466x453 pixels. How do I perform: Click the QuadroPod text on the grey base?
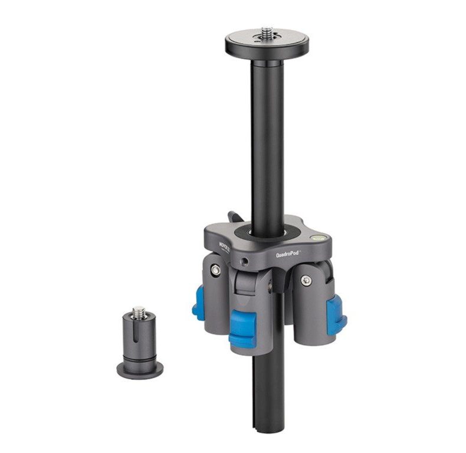(288, 253)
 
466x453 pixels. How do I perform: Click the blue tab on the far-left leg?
(196, 304)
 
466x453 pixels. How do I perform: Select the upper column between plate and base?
(267, 136)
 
